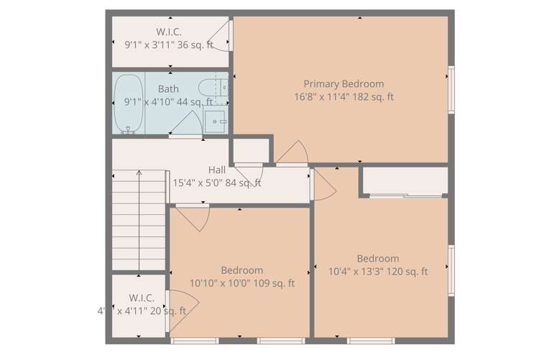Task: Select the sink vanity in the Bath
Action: (216, 121)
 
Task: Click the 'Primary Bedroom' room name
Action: (343, 83)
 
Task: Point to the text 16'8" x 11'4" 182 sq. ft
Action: (344, 96)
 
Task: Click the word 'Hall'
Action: (217, 170)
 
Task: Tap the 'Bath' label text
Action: (168, 89)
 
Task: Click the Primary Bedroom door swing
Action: (294, 152)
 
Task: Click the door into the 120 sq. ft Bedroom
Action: (324, 185)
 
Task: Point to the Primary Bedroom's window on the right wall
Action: (451, 90)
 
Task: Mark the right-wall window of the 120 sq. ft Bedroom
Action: (451, 270)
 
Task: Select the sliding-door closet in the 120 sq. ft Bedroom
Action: (404, 181)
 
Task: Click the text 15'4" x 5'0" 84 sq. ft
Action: (217, 183)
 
